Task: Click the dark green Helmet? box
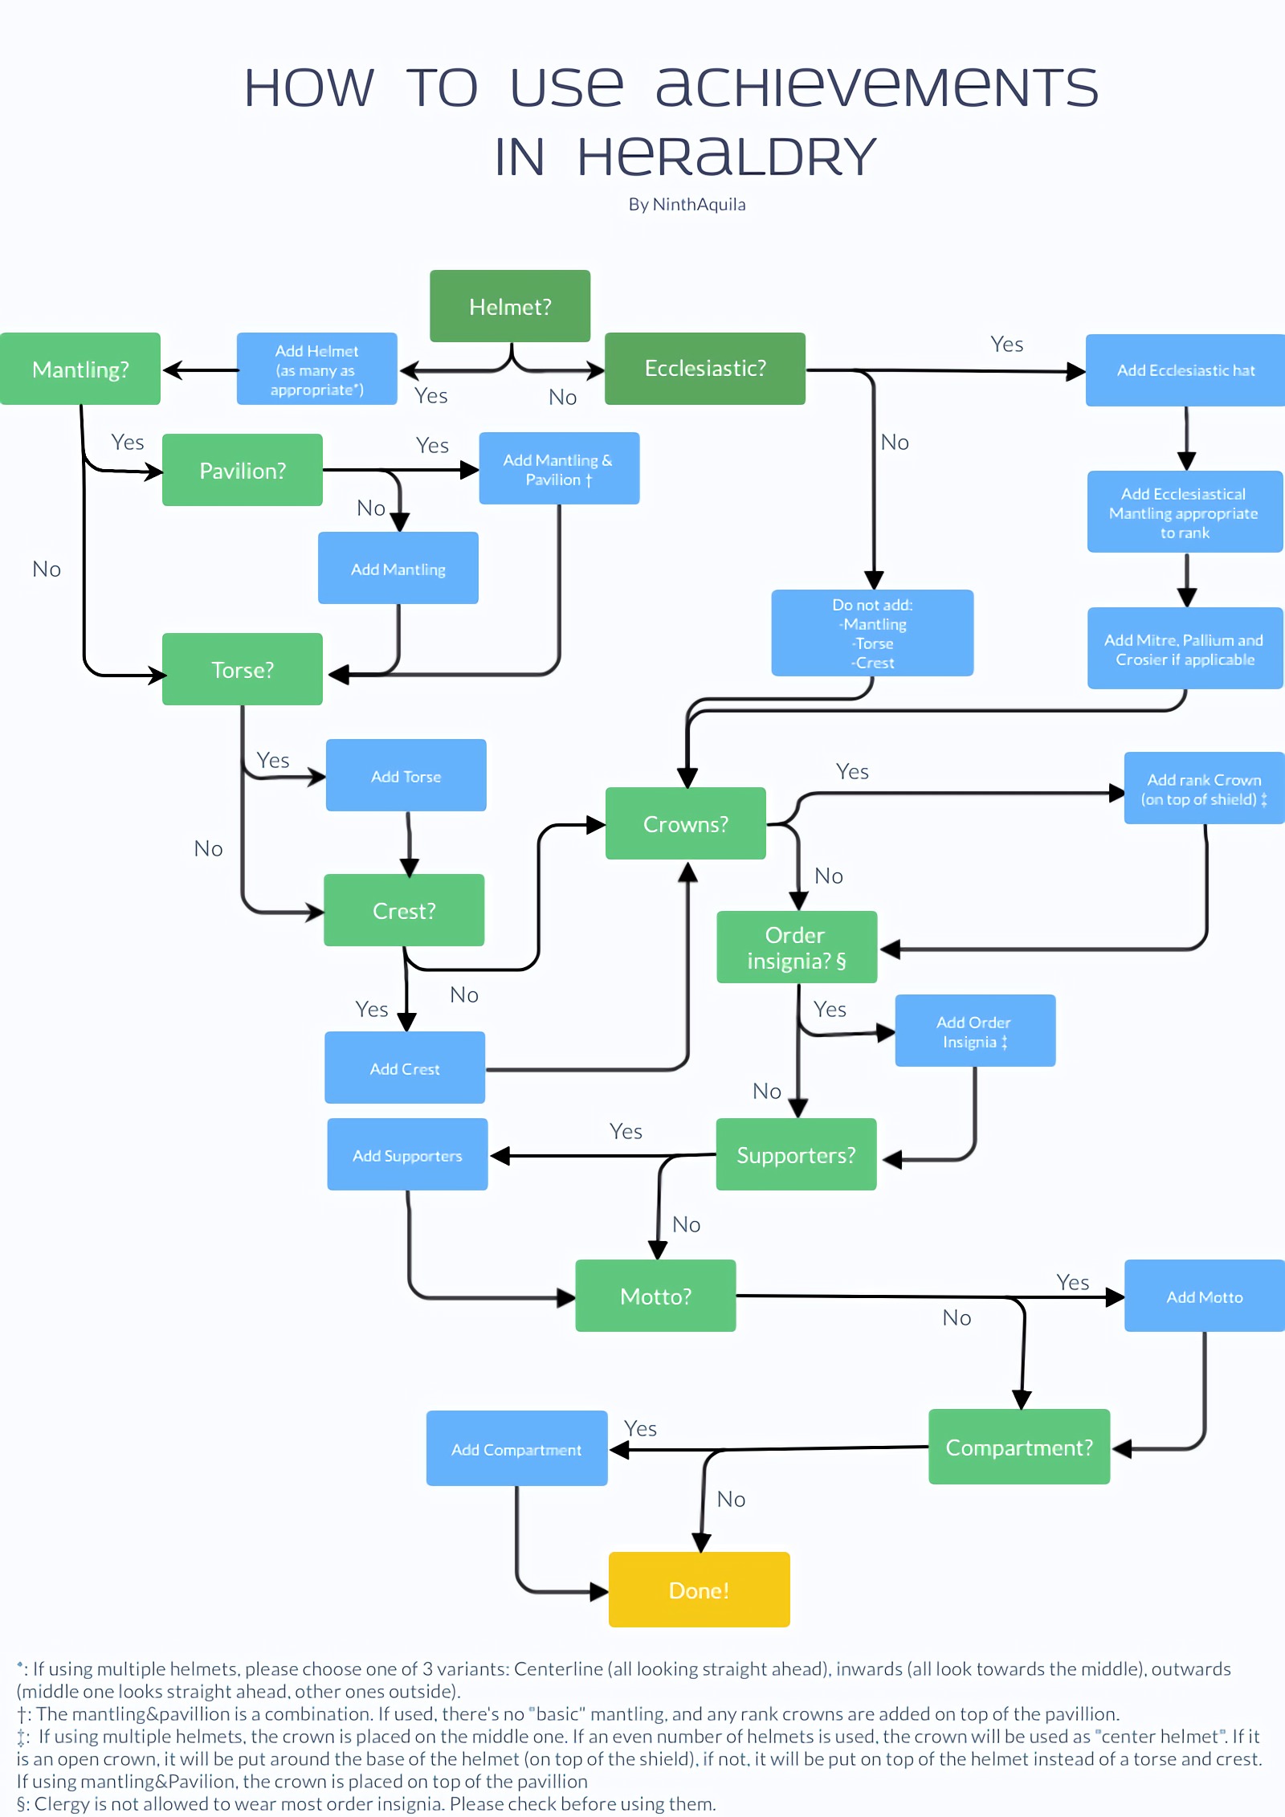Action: (510, 306)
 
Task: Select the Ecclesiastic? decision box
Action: (704, 368)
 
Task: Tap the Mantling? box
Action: (80, 369)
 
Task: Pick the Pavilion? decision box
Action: (242, 470)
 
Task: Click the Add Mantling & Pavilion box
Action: (559, 469)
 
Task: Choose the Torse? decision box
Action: (242, 669)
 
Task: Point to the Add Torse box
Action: (406, 776)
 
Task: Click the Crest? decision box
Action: (404, 910)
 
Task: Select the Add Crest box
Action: (405, 1068)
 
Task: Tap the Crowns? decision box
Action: (685, 823)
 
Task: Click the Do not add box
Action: (872, 633)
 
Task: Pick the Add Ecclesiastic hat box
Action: (1185, 370)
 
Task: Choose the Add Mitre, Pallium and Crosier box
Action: (1185, 649)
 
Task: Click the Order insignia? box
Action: (796, 947)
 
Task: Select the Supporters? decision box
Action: (796, 1154)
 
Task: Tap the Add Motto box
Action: (1204, 1296)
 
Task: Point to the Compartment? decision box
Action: (1019, 1447)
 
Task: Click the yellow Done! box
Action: (699, 1590)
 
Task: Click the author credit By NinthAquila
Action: (687, 204)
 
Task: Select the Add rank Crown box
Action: (1204, 789)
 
